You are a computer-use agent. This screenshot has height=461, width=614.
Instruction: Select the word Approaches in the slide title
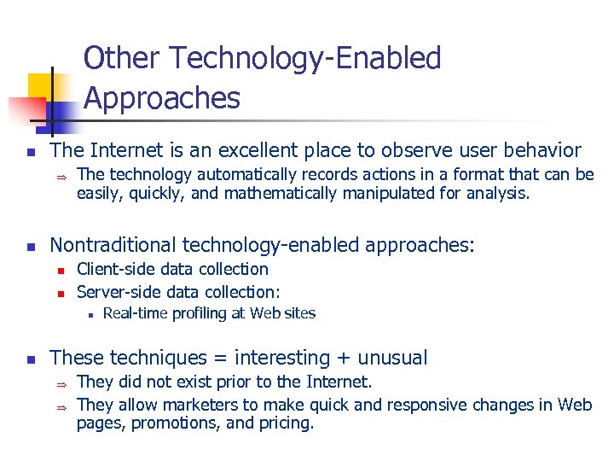click(162, 98)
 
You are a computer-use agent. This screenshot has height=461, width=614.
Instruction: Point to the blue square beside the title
click(61, 113)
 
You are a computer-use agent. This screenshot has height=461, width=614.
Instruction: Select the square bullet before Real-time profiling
click(89, 314)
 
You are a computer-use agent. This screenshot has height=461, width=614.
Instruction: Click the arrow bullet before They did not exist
click(61, 382)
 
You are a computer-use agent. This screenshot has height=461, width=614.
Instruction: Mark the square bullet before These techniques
click(30, 359)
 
